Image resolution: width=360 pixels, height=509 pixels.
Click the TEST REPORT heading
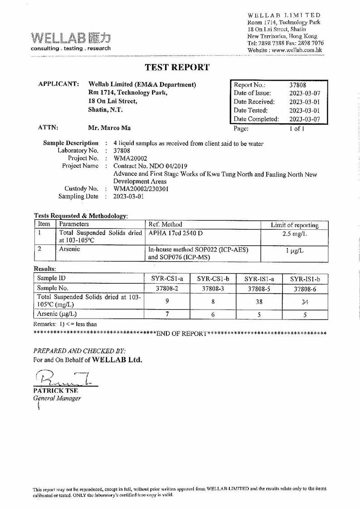click(x=177, y=68)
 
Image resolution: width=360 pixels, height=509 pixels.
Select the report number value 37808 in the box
click(x=298, y=85)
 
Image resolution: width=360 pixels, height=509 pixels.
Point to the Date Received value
click(x=304, y=102)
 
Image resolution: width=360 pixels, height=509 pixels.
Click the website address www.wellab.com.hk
click(x=296, y=50)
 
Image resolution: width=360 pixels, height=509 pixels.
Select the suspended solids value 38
click(x=259, y=301)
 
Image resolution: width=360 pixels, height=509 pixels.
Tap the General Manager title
click(x=57, y=398)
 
